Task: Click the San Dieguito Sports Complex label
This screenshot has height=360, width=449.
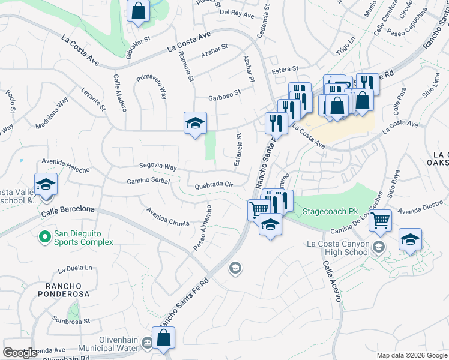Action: tap(83, 238)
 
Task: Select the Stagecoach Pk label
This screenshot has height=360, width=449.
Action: tap(330, 212)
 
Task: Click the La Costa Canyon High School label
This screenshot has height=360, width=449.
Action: tap(338, 248)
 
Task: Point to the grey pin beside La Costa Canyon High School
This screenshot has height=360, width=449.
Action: tap(378, 247)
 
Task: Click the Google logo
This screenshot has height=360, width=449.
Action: tap(20, 353)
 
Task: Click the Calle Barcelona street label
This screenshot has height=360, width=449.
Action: tap(68, 211)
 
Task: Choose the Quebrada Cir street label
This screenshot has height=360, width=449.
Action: tap(213, 186)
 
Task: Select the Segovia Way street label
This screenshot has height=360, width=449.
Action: tap(158, 167)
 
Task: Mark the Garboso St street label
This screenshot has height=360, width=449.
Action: tap(224, 94)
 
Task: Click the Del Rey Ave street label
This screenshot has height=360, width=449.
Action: tap(237, 12)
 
